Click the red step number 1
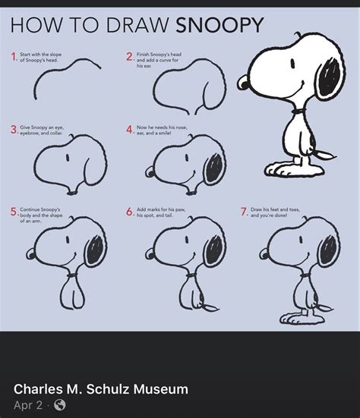14,57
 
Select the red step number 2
129,57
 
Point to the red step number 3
14,130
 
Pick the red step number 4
129,130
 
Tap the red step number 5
14,212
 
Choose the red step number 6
129,212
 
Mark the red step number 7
244,212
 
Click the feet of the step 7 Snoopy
298,317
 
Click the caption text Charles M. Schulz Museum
101,389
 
